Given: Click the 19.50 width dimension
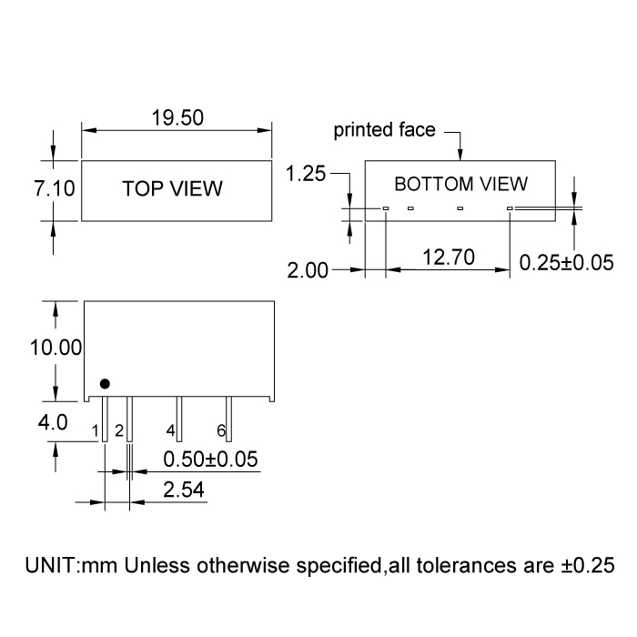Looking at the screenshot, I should [177, 118].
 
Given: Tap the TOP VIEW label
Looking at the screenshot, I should [173, 189].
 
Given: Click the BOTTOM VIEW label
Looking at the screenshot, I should [460, 184].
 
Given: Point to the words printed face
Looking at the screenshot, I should [384, 129].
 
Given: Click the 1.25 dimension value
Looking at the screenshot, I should [306, 174].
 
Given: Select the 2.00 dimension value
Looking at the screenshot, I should [308, 270].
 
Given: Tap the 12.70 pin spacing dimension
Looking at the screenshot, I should [448, 258].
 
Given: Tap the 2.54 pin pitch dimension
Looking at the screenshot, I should [184, 490].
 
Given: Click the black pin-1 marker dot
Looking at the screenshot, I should [105, 384].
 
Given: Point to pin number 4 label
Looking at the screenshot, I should [170, 430].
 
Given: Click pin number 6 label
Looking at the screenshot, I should [220, 430].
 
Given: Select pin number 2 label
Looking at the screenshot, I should [119, 430].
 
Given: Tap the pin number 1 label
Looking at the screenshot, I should [96, 430].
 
